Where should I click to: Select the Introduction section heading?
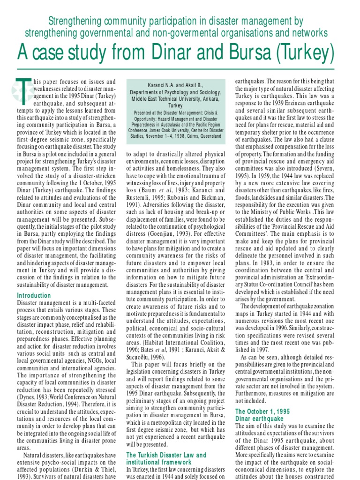click(34, 295)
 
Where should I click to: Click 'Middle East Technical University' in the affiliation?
click(168, 99)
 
